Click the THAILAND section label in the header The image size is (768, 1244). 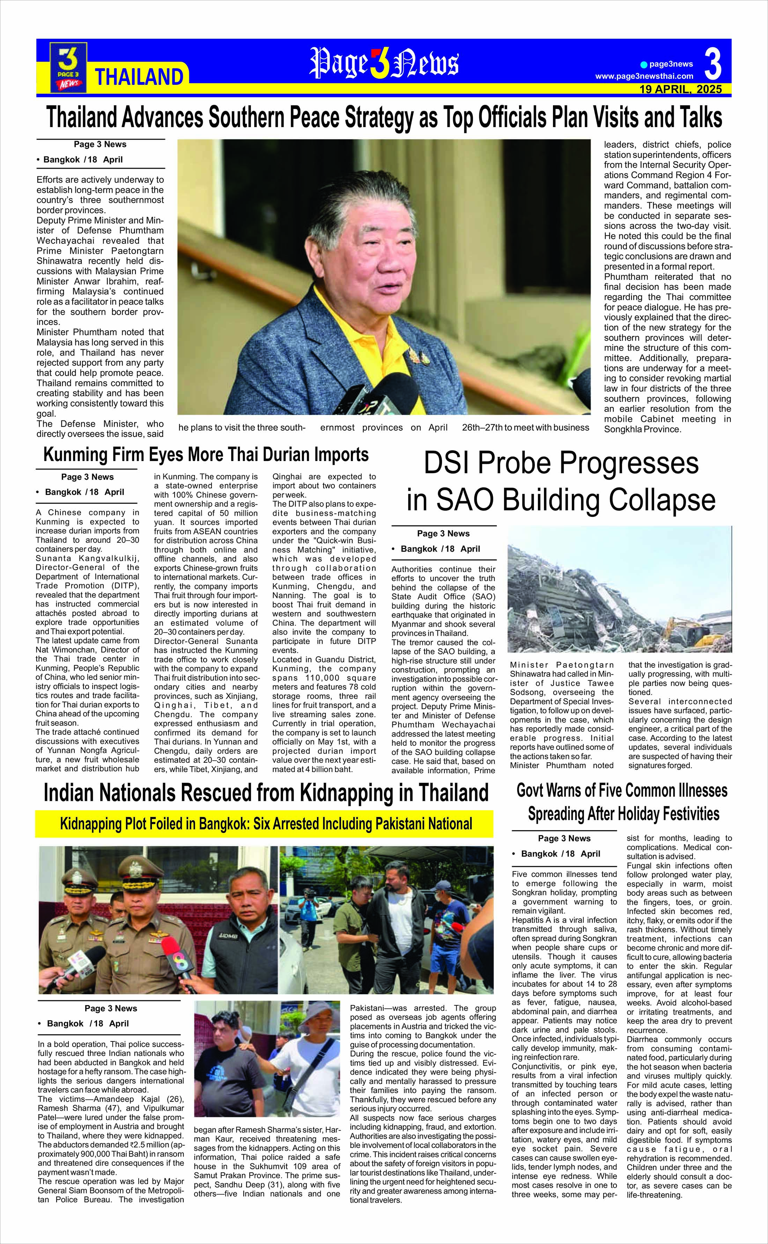[x=139, y=77]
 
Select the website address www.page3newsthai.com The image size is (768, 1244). [x=644, y=76]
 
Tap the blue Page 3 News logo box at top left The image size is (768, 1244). [x=68, y=67]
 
